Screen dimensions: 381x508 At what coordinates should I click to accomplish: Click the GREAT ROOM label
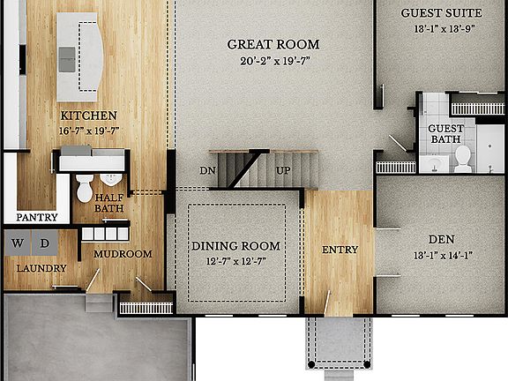[273, 44]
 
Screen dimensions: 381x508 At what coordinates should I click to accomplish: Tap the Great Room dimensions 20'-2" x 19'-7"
[273, 61]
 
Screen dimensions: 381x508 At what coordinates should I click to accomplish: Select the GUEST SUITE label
[441, 13]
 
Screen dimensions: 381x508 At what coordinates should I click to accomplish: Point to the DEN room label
[441, 239]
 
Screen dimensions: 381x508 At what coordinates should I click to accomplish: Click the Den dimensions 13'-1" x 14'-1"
[441, 256]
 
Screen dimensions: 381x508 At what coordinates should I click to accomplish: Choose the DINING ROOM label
[236, 246]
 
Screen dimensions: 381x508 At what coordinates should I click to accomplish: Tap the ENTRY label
[340, 250]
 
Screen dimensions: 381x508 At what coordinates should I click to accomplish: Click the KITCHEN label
[88, 116]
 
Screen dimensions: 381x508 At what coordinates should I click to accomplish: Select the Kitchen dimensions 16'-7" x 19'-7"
[88, 131]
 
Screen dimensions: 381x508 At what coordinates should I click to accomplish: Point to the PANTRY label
[37, 217]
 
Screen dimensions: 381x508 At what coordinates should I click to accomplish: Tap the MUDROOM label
[123, 254]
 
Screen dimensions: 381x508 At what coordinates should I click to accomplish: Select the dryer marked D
[44, 243]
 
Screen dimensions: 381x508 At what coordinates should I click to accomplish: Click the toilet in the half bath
[85, 186]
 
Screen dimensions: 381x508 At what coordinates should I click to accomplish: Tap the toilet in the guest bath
[462, 157]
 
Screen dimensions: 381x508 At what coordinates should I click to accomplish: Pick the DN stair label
[207, 170]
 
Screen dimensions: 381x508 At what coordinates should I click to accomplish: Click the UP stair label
[284, 170]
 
